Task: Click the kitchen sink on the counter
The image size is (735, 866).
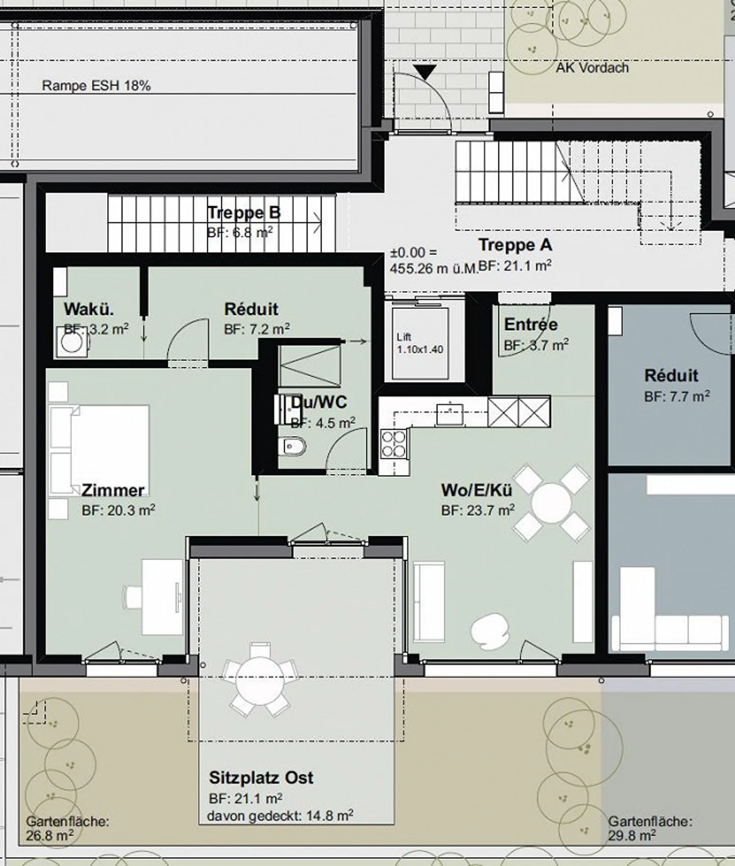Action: (x=450, y=414)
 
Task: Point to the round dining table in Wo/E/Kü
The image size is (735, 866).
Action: (x=551, y=503)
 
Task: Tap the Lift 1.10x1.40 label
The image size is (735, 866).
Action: (x=420, y=343)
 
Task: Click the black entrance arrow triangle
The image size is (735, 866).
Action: (x=425, y=72)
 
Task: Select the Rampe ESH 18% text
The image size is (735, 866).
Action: (x=96, y=85)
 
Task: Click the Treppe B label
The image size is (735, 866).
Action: (x=244, y=213)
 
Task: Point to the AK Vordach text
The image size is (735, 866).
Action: (x=592, y=67)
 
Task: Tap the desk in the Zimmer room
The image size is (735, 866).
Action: (x=162, y=597)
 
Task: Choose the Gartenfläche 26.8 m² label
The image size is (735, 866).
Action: (x=67, y=829)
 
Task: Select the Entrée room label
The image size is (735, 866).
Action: (x=531, y=325)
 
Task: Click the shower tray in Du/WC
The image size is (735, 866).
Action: (x=310, y=366)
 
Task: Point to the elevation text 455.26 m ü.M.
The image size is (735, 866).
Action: (x=434, y=268)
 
